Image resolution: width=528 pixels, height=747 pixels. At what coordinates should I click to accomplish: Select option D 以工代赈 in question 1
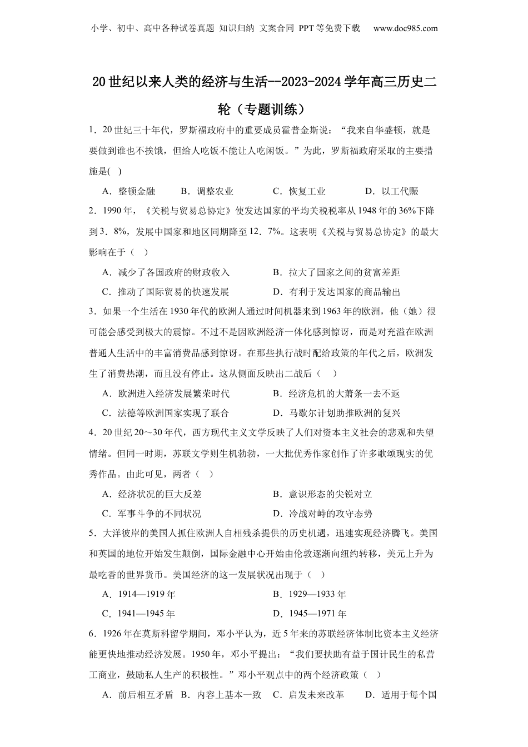391,191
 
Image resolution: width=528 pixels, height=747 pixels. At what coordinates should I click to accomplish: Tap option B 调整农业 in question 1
207,191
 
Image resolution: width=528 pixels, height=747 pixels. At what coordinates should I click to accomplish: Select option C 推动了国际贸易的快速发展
166,292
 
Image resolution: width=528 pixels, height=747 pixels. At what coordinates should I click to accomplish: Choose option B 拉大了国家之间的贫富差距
336,272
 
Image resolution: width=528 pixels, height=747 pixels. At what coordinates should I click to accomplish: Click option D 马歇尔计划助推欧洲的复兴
337,413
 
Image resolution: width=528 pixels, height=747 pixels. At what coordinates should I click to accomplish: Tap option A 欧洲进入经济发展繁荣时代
166,394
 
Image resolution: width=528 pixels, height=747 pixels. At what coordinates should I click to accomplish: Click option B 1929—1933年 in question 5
310,595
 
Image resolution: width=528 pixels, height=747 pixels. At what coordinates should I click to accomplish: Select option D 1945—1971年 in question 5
310,614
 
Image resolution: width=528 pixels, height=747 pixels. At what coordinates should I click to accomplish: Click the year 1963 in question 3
329,312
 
